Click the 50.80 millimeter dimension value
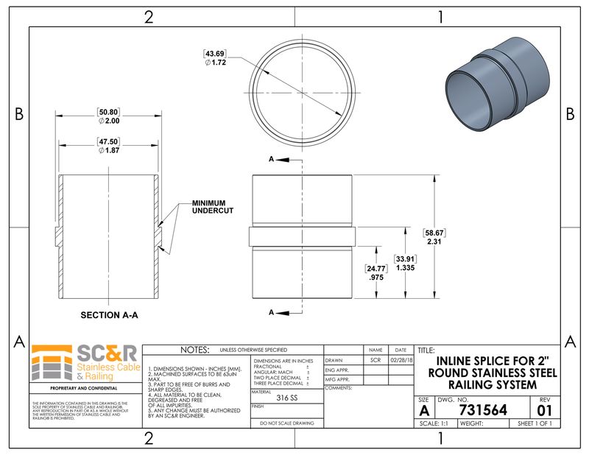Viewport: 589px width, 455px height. pos(109,112)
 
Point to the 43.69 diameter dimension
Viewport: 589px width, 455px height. pos(215,53)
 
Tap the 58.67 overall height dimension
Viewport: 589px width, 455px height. pos(434,232)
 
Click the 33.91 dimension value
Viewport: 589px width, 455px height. pos(403,259)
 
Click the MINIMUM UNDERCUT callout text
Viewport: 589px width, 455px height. pos(213,207)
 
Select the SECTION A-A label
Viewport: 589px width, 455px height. pos(110,314)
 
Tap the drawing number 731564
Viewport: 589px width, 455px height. pos(482,410)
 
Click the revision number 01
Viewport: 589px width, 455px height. pos(545,410)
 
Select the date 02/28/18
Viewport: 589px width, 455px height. pos(401,361)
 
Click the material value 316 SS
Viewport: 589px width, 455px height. pos(286,397)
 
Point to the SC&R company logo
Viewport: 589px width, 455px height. pos(84,363)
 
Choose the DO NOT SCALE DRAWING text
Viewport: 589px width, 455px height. pos(286,423)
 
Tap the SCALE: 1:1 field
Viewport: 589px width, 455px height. pos(434,424)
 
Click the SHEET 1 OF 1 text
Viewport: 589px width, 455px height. pos(535,424)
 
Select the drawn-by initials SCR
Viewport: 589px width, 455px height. pos(375,361)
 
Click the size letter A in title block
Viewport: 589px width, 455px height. pos(424,410)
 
